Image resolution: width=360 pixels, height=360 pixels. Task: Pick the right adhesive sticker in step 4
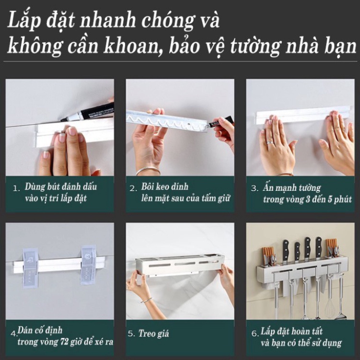tap(89, 264)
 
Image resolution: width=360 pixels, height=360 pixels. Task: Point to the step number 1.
tap(16, 188)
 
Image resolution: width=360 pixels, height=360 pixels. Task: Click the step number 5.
tap(130, 333)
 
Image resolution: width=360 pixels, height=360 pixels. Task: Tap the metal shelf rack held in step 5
tap(180, 265)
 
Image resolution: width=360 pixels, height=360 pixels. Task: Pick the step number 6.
tap(255, 333)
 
